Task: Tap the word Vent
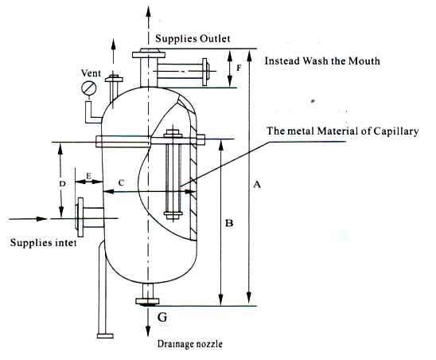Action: (92, 72)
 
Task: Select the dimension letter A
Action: (256, 185)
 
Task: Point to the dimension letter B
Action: (228, 224)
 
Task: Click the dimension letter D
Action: (62, 183)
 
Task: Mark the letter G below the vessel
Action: (162, 319)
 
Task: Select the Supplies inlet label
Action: (43, 242)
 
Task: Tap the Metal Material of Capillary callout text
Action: (343, 131)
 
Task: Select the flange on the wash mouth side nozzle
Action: (206, 72)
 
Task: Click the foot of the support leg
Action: (100, 335)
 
